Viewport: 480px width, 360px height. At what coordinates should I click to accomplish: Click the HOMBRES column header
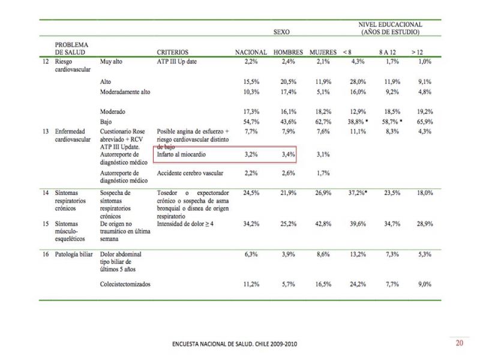288,52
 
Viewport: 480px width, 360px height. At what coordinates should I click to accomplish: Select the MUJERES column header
323,52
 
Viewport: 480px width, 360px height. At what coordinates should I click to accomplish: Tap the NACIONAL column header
251,52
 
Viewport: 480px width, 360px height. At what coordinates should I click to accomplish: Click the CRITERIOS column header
173,52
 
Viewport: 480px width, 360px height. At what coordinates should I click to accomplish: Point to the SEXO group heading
281,32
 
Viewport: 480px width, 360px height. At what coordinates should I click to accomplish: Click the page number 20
460,343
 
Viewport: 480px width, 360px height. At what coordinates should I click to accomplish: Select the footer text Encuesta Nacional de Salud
235,344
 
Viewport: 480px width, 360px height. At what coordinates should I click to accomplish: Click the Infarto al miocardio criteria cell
181,154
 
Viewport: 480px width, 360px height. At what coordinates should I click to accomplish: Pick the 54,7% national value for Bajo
251,122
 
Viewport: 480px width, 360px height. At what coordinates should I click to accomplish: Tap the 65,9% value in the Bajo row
425,122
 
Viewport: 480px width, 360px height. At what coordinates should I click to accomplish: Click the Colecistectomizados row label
125,284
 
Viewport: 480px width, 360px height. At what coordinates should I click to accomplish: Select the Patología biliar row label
74,254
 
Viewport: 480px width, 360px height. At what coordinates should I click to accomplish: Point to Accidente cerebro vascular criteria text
190,173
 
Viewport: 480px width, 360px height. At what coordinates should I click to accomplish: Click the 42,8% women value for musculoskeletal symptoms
323,224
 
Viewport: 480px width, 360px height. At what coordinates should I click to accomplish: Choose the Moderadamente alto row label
125,92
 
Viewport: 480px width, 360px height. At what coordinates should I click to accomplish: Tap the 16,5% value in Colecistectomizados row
323,284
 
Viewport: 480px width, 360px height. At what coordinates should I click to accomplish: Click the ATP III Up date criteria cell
177,62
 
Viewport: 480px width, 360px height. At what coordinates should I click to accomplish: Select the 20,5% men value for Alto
289,82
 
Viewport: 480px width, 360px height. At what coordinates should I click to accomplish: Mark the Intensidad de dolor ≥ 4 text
185,224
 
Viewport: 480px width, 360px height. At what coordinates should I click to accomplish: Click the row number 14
46,193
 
